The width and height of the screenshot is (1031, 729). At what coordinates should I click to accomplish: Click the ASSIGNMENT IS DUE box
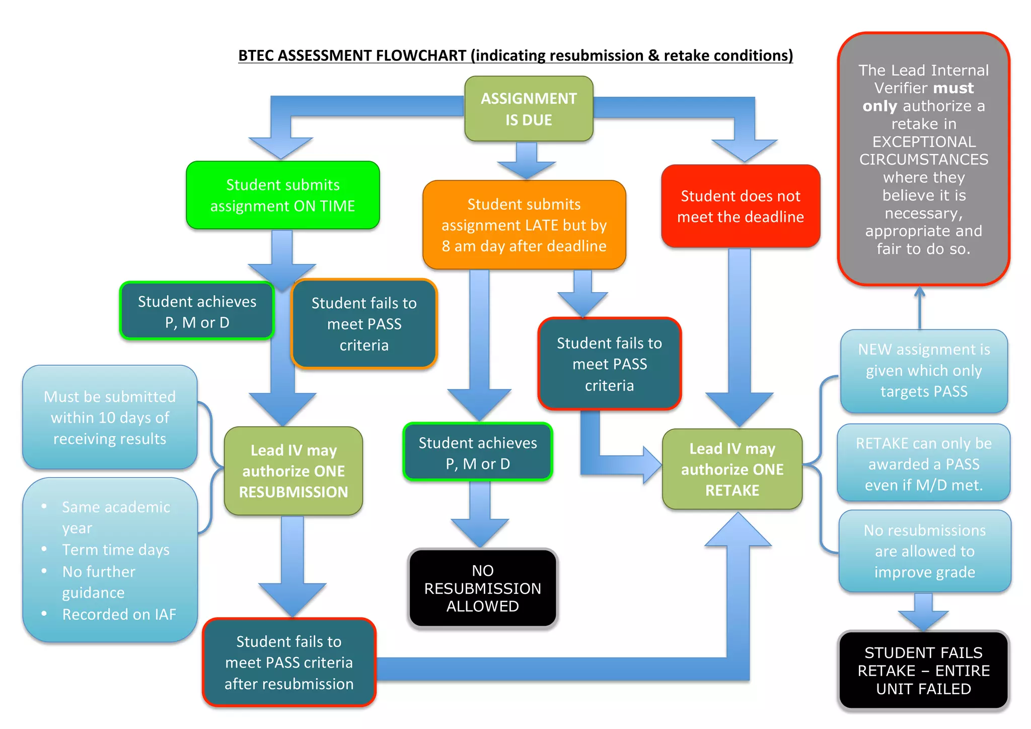click(529, 109)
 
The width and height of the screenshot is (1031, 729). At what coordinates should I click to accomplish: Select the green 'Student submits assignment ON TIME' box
click(282, 195)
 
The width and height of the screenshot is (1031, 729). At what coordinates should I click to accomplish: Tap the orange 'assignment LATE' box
click(524, 225)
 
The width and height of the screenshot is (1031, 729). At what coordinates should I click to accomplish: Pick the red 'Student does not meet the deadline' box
click(741, 207)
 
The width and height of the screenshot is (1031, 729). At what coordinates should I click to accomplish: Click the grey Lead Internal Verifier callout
click(923, 159)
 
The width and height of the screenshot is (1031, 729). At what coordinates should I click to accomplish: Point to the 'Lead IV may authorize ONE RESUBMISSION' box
click(293, 471)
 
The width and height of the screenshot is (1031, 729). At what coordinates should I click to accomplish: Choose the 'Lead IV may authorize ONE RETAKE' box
click(732, 470)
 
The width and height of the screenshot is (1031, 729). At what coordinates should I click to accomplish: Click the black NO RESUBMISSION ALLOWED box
click(482, 588)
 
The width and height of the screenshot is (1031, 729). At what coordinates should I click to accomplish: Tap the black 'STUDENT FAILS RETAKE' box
click(923, 671)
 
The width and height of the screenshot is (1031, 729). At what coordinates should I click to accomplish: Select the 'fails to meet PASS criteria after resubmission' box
click(289, 662)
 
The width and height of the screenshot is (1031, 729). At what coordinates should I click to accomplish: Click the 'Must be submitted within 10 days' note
click(110, 418)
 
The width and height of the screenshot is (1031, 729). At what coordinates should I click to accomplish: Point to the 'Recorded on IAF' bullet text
click(119, 615)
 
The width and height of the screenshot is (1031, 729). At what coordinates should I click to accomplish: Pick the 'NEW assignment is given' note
click(924, 371)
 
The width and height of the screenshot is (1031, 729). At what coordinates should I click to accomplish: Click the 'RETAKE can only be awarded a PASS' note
click(924, 464)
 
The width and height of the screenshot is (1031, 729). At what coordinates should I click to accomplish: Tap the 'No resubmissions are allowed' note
click(924, 551)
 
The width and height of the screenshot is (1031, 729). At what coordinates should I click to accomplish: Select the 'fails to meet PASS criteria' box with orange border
click(364, 324)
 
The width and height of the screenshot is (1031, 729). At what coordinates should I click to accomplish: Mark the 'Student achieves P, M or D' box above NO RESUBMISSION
click(478, 453)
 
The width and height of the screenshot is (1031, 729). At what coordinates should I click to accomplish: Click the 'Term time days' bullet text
click(116, 550)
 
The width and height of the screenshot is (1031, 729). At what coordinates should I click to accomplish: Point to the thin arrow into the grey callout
click(920, 308)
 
